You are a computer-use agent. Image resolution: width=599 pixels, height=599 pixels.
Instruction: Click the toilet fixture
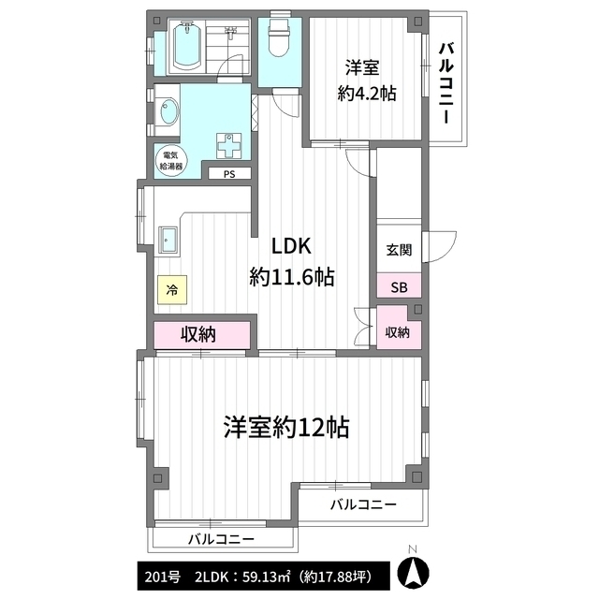click(279, 37)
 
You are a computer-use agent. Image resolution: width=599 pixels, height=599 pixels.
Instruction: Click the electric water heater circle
click(171, 161)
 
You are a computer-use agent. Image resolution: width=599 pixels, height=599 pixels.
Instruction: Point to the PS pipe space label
click(229, 174)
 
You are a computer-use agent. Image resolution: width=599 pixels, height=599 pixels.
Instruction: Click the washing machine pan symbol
click(228, 146)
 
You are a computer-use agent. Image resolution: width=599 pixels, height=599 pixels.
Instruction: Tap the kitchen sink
click(168, 240)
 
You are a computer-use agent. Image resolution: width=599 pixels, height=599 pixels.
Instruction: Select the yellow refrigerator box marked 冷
click(172, 289)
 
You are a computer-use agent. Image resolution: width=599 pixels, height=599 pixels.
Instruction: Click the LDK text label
click(291, 246)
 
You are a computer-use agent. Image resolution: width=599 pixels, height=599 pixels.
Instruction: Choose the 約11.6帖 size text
click(292, 277)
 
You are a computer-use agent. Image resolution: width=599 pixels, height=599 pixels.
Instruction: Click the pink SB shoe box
click(400, 285)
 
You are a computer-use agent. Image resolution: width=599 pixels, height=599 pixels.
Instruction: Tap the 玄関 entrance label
click(399, 250)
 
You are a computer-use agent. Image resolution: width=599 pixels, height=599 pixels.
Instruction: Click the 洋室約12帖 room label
click(286, 427)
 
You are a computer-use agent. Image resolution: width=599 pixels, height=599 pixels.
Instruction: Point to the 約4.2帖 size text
click(367, 94)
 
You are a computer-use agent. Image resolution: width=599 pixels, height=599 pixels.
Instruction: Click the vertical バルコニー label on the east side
click(446, 83)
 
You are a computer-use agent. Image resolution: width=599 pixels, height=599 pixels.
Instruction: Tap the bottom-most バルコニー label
click(221, 539)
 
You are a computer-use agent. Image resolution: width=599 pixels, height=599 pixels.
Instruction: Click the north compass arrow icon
click(413, 573)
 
